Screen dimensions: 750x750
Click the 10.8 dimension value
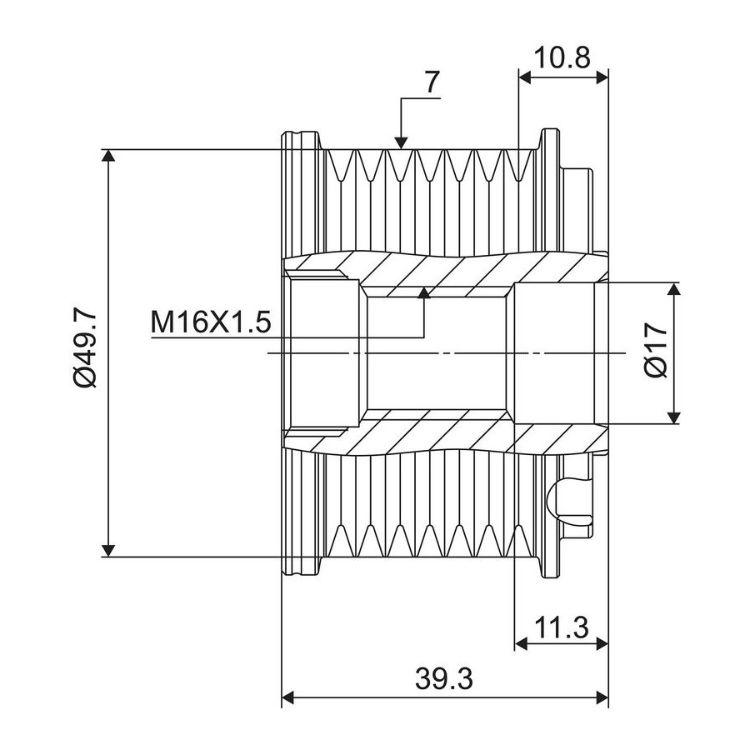[562, 57]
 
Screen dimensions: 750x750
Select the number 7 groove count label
[431, 82]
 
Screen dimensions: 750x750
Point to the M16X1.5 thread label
[211, 322]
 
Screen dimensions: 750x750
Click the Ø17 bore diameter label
[657, 351]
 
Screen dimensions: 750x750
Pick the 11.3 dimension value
[561, 627]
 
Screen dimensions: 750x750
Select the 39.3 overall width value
[444, 678]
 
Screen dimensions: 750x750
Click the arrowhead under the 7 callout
[401, 142]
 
